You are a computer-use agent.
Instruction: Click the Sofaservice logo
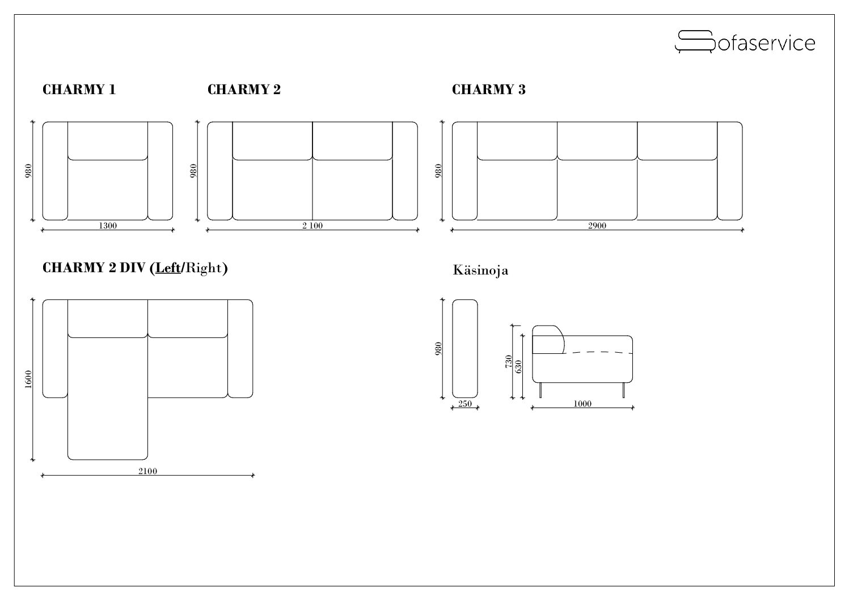pos(745,42)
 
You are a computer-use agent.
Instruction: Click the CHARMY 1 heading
pos(79,90)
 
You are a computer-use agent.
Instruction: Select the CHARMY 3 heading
pos(488,90)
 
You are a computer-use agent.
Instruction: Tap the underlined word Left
pos(168,268)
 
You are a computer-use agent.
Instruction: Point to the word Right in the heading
pos(203,268)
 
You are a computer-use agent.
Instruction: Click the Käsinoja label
pos(480,271)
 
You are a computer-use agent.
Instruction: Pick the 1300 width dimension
pos(108,226)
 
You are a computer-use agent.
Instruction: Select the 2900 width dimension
pos(597,226)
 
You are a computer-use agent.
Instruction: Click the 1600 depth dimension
pos(28,379)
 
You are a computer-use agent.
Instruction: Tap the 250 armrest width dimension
pos(465,404)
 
